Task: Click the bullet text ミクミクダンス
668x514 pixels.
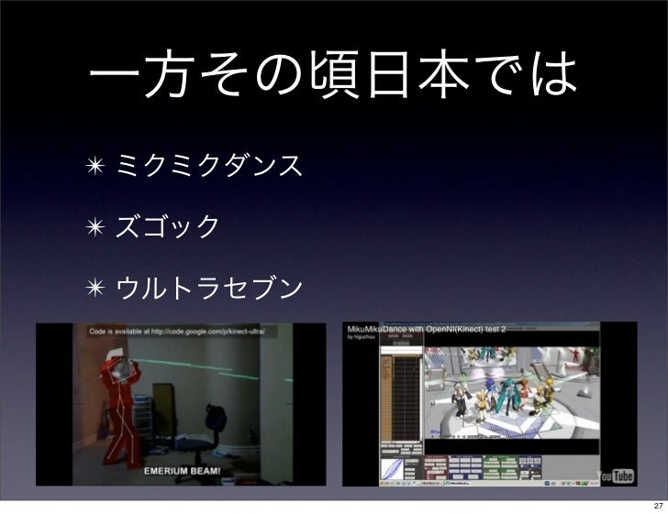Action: [206, 167]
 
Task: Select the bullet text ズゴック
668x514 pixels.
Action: [166, 224]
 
